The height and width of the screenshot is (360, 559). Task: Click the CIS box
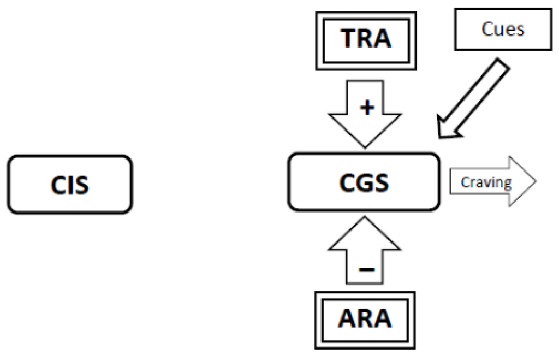pos(69,184)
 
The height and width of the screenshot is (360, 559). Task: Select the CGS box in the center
pos(364,182)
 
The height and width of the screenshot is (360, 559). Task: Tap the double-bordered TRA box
pos(366,39)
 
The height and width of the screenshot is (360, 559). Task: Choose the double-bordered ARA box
pos(365,319)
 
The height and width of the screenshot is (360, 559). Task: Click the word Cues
pos(503,29)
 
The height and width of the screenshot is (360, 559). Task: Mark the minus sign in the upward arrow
pos(365,268)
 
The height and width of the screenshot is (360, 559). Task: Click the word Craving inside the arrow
pos(486,182)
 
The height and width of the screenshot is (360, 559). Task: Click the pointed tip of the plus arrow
pos(365,146)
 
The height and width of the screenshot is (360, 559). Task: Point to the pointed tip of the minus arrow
pos(365,218)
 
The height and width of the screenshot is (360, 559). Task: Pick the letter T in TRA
pos(349,39)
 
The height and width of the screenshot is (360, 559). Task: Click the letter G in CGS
pos(364,182)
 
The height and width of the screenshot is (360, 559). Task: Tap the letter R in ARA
pos(365,319)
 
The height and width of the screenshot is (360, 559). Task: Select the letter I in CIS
pos(69,185)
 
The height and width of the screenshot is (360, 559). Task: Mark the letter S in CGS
pos(382,182)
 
